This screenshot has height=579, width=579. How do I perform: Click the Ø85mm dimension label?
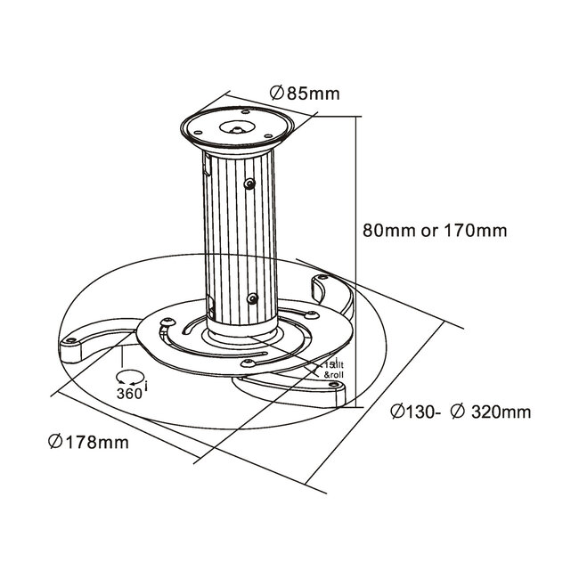pos(303,93)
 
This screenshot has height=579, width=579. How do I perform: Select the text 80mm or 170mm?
pos(436,231)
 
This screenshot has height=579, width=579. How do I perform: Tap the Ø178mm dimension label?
pos(89,443)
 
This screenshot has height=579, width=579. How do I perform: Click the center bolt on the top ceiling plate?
pos(237,127)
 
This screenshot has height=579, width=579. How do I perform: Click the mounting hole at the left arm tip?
pos(68,341)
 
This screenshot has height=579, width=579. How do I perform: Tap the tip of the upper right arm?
pos(321,283)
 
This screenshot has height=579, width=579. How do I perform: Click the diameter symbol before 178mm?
pos(54,443)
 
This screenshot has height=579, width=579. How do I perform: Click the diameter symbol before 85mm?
pos(275,93)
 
